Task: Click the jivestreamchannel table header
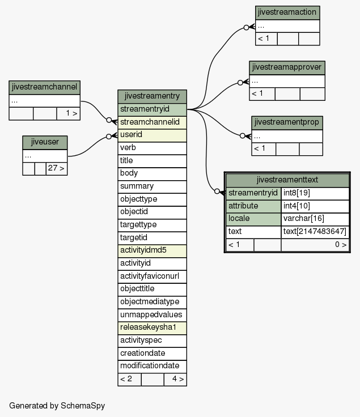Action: (x=44, y=87)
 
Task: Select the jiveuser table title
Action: (x=45, y=143)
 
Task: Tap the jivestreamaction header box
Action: (x=287, y=12)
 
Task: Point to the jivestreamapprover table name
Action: (x=287, y=67)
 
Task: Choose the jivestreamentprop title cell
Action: (x=287, y=122)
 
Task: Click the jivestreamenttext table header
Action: (x=287, y=180)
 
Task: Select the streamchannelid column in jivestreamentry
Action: (x=152, y=122)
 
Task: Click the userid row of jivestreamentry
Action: (x=152, y=135)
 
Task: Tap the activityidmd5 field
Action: (x=152, y=251)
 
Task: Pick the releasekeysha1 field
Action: (x=152, y=328)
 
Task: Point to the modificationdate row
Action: (x=152, y=367)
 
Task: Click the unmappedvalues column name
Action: (x=151, y=315)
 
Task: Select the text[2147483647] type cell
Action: (x=315, y=232)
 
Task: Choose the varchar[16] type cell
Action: (x=315, y=219)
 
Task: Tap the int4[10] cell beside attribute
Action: (x=315, y=206)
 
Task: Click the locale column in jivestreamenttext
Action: (x=253, y=219)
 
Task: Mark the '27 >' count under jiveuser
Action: (x=56, y=169)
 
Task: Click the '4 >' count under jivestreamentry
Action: (x=175, y=380)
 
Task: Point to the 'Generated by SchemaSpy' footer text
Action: (x=57, y=406)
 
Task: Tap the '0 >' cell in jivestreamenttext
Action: (x=315, y=245)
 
